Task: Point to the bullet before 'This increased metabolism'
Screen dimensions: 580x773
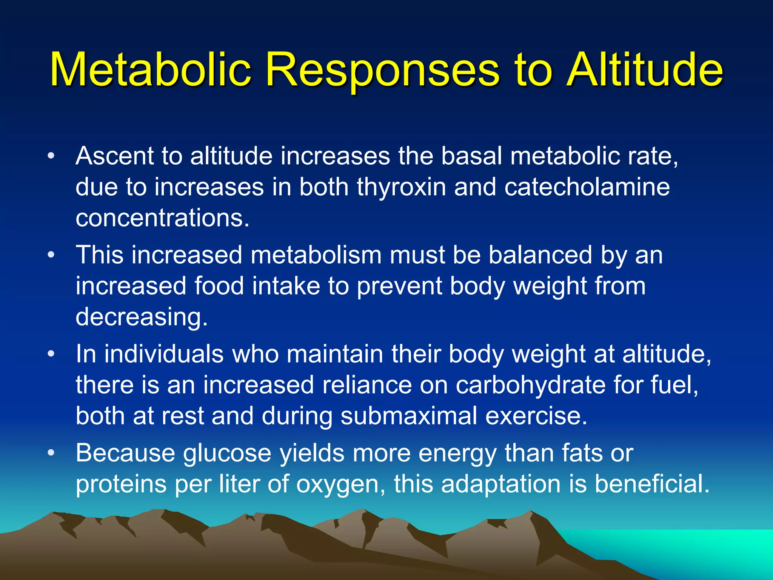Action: point(51,255)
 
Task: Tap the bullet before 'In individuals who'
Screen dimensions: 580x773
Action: point(51,354)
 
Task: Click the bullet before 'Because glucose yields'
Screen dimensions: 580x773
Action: point(51,453)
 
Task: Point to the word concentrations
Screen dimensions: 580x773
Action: point(162,218)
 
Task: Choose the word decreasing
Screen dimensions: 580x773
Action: point(142,317)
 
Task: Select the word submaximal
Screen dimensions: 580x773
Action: point(409,416)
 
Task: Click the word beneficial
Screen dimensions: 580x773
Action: point(652,484)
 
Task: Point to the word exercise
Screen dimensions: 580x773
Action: point(536,416)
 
